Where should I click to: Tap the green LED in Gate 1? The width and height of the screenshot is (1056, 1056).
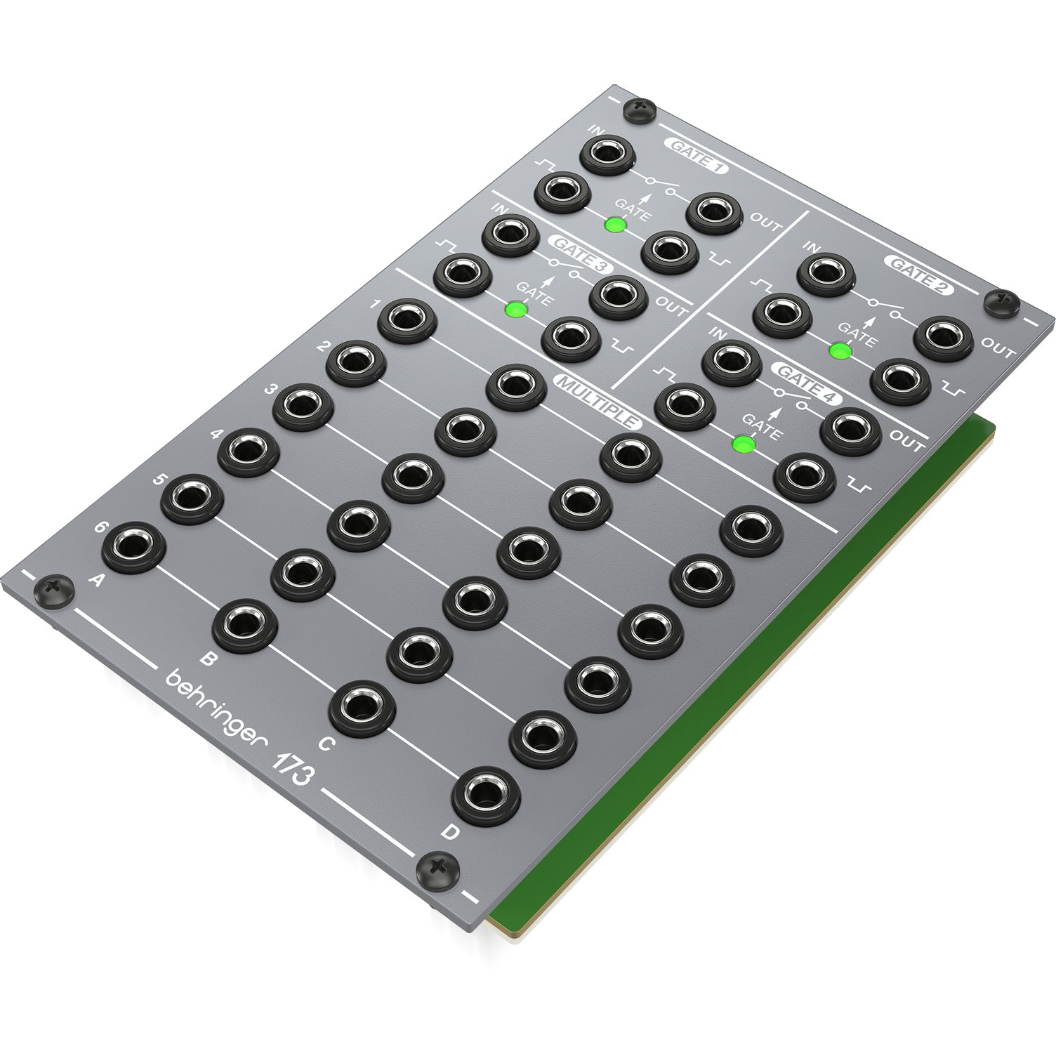616,225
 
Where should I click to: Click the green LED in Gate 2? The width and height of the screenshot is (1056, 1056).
840,350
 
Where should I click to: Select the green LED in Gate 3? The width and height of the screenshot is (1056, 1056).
517,309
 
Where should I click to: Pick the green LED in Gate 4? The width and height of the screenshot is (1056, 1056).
744,444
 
